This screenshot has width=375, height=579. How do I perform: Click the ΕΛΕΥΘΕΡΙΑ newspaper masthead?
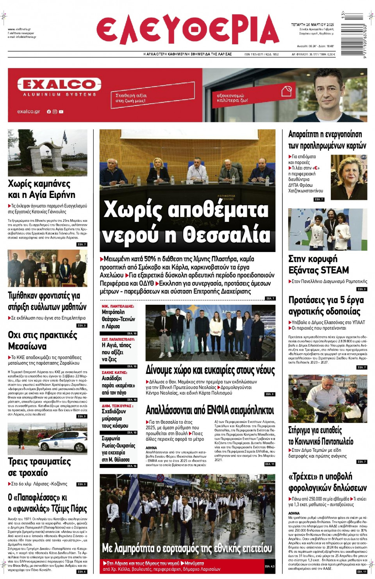click(x=187, y=30)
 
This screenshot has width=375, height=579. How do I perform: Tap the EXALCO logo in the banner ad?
click(x=59, y=85)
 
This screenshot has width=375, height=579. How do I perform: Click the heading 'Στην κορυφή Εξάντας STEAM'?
click(x=318, y=264)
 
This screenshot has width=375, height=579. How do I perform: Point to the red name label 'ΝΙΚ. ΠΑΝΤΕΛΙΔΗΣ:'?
click(x=118, y=306)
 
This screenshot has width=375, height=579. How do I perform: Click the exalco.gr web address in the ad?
click(x=29, y=111)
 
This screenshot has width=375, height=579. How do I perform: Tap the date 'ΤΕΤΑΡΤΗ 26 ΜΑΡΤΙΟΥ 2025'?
click(x=312, y=25)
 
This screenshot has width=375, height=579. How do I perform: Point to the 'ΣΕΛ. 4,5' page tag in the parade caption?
click(x=270, y=566)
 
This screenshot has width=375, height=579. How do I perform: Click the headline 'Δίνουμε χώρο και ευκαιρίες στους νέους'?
click(x=210, y=370)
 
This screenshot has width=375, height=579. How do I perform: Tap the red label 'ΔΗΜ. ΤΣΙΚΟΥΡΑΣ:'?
click(x=117, y=406)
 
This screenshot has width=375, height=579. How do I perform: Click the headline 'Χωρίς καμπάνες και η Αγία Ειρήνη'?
click(x=41, y=189)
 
